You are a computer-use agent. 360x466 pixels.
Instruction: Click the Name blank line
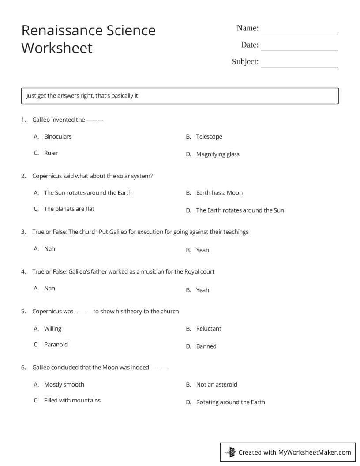click(x=300, y=33)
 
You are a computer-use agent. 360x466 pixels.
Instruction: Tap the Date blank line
click(x=300, y=50)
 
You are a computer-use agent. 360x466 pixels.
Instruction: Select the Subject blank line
click(x=300, y=67)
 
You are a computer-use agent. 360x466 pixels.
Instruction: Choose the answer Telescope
click(x=209, y=137)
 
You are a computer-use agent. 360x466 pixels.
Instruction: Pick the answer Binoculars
click(x=58, y=137)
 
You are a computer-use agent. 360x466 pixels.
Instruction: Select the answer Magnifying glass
click(x=218, y=154)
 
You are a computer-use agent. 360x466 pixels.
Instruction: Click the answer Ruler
click(x=51, y=153)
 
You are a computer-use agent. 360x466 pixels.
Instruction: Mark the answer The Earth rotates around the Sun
click(x=240, y=210)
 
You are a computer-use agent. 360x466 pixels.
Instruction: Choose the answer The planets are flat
click(x=69, y=209)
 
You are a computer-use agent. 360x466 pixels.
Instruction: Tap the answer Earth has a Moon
click(x=219, y=193)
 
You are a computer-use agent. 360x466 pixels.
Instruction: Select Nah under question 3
click(x=49, y=249)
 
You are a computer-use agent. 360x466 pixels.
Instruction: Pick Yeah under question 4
click(x=202, y=290)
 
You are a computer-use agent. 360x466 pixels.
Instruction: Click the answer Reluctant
click(x=209, y=329)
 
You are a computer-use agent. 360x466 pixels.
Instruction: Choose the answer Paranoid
click(x=56, y=345)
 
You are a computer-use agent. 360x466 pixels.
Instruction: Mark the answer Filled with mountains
click(x=72, y=401)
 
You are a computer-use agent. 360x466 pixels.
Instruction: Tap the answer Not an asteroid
click(x=217, y=385)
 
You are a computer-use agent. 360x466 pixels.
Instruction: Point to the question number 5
click(x=23, y=312)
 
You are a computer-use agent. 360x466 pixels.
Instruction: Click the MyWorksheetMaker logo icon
click(x=230, y=452)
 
